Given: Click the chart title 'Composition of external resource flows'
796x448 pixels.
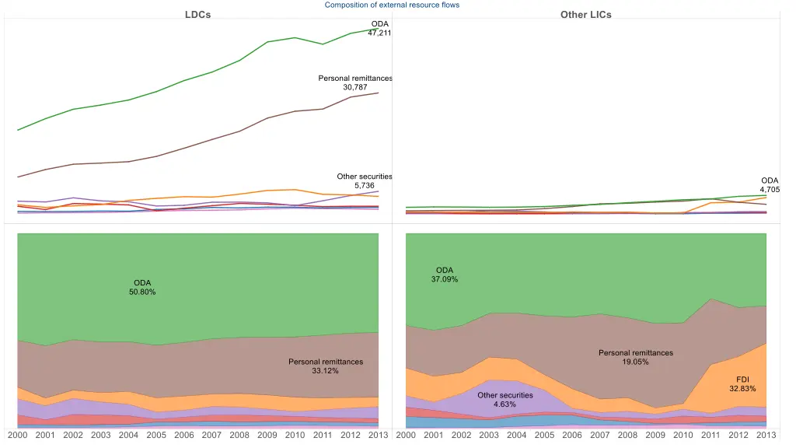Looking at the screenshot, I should point(392,5).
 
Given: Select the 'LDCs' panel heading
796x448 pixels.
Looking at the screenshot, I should point(197,15).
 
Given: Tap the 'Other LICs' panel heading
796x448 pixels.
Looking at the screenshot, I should point(585,15).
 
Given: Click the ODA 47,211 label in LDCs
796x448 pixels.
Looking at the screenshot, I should point(379,29).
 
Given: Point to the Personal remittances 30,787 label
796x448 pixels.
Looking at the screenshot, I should point(355,82).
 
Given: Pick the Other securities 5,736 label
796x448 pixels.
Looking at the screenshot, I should point(365,181).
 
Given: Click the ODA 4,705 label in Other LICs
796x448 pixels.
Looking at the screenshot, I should point(770,185).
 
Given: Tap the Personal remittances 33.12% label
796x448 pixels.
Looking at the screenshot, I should point(326,366).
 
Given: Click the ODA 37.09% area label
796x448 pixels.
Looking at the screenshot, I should point(445,275).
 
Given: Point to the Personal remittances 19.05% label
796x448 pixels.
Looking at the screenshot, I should point(636,358).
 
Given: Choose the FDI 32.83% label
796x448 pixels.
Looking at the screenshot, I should point(742,383).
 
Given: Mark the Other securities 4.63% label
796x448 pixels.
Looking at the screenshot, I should point(505,400).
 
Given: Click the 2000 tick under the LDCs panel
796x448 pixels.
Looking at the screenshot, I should point(18,435).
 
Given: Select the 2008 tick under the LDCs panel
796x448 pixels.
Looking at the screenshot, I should point(239,435).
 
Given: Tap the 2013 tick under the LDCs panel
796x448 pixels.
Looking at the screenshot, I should point(378,435).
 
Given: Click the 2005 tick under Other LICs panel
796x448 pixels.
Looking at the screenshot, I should point(544,435).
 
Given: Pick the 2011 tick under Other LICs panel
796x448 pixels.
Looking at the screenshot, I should point(710,435).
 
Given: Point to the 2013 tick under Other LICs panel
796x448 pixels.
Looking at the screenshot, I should point(766,435).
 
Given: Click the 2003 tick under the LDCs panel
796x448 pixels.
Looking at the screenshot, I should point(101,435).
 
